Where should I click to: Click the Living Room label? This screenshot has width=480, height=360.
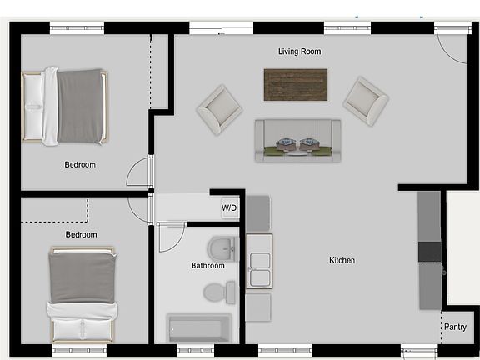299,52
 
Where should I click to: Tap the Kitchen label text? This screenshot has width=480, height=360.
342,261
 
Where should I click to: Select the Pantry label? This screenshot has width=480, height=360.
454,327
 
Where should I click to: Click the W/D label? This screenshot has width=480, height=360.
228,207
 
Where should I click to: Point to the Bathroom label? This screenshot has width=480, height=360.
207,266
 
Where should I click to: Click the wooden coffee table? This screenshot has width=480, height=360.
296,84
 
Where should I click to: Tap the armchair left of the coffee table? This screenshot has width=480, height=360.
220,108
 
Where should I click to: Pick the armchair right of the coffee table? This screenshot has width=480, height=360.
366,100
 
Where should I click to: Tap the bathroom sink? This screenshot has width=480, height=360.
223,247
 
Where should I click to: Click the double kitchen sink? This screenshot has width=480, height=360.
258,263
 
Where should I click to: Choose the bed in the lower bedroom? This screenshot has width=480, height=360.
81,292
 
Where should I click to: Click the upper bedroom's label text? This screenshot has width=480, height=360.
80,165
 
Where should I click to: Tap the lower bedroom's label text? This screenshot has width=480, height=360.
81,235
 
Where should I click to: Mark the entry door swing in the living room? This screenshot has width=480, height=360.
450,52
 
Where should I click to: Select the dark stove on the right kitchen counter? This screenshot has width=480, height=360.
428,251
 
